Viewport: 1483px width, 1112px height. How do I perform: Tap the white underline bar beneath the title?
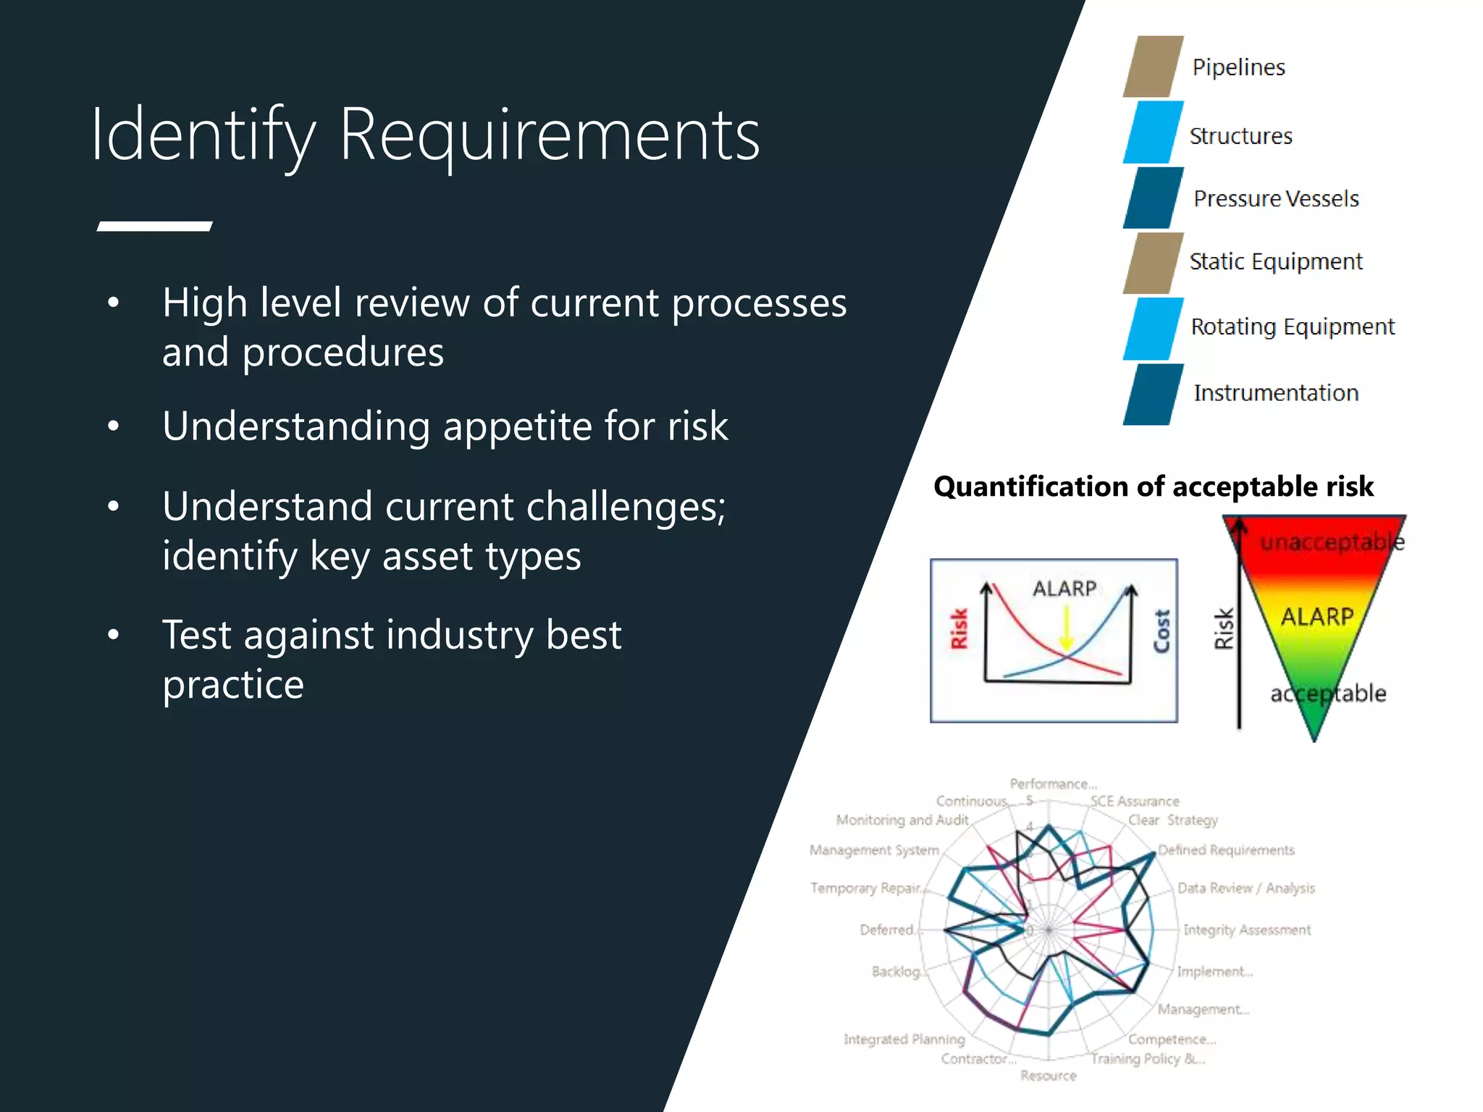point(154,227)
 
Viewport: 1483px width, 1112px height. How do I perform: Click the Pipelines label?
point(1238,67)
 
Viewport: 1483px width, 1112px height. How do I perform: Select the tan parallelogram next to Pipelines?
point(1153,67)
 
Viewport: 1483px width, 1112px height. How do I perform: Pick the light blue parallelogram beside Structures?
point(1153,132)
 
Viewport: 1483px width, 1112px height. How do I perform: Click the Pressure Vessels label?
point(1276,198)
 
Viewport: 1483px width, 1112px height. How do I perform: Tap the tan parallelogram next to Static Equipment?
point(1153,264)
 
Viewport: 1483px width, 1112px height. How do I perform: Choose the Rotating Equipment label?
point(1293,327)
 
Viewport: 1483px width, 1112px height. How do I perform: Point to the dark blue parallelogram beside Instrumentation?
point(1153,395)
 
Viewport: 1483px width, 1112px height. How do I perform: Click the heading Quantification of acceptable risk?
point(1153,486)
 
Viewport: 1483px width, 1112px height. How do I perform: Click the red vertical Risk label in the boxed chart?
point(959,628)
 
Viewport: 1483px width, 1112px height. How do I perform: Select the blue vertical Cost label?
point(1161,631)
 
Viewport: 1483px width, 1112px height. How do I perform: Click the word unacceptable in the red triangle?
point(1331,542)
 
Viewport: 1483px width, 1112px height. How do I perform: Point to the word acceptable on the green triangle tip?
point(1328,694)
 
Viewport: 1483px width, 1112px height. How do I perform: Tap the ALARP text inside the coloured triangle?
point(1316,617)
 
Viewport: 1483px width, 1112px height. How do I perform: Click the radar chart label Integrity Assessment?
point(1246,930)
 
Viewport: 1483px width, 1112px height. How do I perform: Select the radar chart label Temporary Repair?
point(865,888)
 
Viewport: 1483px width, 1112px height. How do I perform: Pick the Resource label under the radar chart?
point(1048,1076)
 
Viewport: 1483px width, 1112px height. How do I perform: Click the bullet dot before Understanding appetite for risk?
point(113,426)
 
